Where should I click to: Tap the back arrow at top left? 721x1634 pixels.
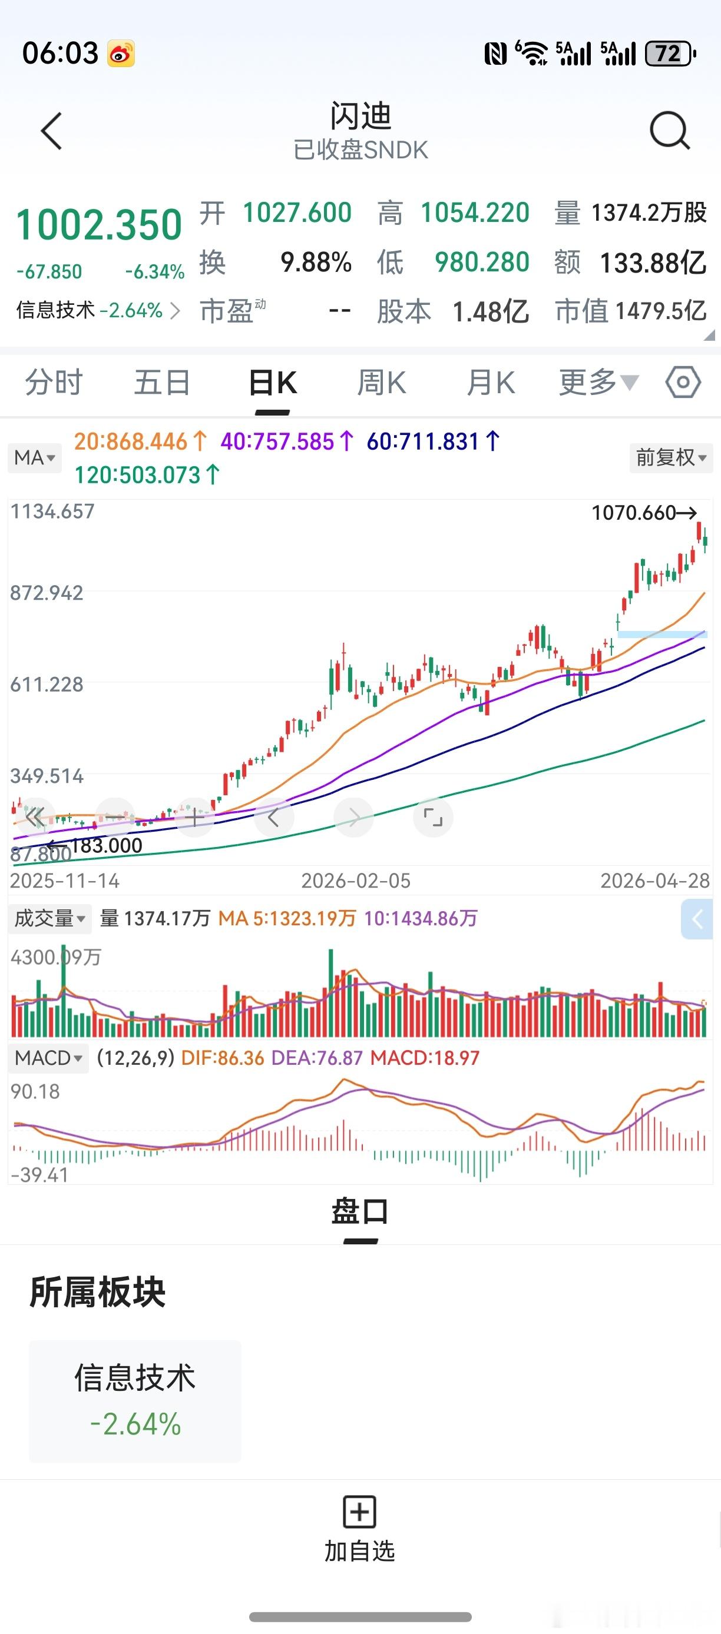51,131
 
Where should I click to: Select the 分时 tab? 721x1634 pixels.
54,383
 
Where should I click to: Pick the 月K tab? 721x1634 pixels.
490,383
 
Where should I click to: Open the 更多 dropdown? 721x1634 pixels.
598,383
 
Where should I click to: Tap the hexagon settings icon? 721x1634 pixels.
683,383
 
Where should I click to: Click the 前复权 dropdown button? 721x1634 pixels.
671,457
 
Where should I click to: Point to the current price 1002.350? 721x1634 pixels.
99,225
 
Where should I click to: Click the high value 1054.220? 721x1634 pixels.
475,212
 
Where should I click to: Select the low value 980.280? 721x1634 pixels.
482,262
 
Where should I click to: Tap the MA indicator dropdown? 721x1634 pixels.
35,457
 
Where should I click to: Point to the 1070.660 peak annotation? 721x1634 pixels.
643,513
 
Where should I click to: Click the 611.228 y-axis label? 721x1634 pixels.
47,685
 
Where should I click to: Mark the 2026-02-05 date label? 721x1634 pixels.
355,881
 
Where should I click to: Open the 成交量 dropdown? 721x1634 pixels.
49,918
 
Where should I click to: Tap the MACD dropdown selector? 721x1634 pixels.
48,1057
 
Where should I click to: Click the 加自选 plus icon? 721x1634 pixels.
360,1512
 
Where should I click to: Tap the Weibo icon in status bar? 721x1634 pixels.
121,54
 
